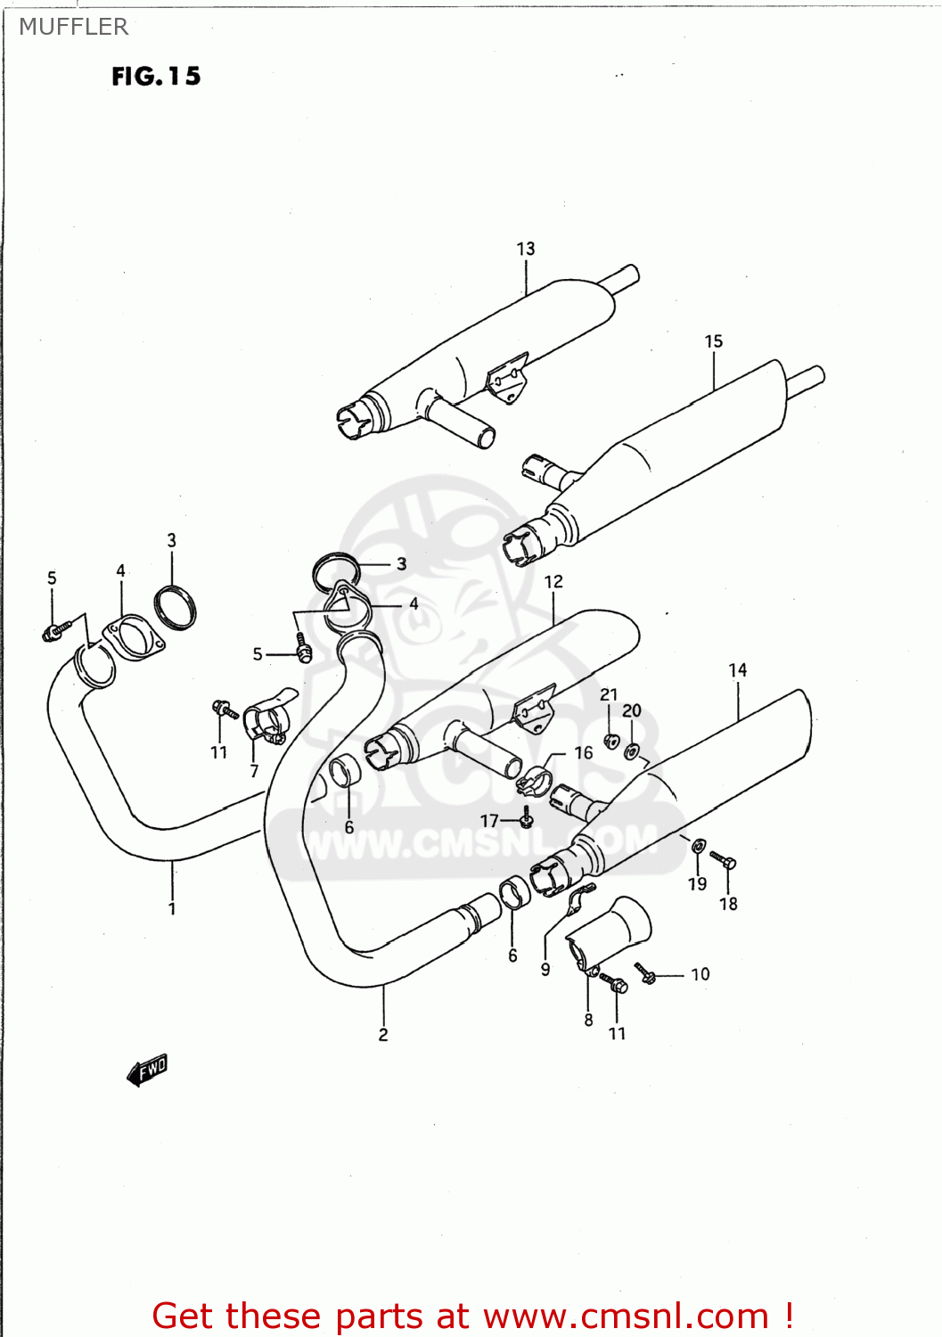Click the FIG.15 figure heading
pyautogui.click(x=156, y=77)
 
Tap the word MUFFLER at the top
pyautogui.click(x=74, y=27)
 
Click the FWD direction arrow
pyautogui.click(x=147, y=1069)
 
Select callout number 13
pyautogui.click(x=526, y=249)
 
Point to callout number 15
pyautogui.click(x=714, y=341)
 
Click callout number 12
pyautogui.click(x=553, y=582)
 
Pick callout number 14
pyautogui.click(x=738, y=670)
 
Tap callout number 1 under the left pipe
pyautogui.click(x=172, y=908)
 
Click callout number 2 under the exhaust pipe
pyautogui.click(x=383, y=1035)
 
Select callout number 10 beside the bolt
pyautogui.click(x=700, y=974)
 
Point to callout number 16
pyautogui.click(x=583, y=753)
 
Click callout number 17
pyautogui.click(x=489, y=821)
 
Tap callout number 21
pyautogui.click(x=609, y=694)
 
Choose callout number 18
pyautogui.click(x=728, y=904)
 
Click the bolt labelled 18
pyautogui.click(x=723, y=860)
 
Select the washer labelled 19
pyautogui.click(x=699, y=845)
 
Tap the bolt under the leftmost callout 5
pyautogui.click(x=53, y=631)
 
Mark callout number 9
pyautogui.click(x=545, y=970)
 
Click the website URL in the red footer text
pyautogui.click(x=626, y=1316)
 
